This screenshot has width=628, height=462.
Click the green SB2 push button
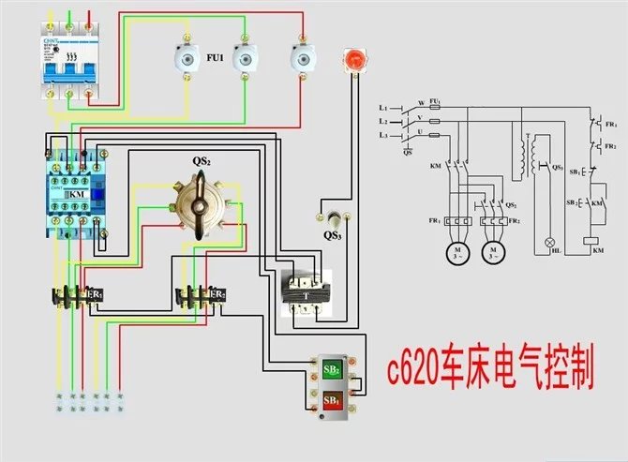pyautogui.click(x=332, y=367)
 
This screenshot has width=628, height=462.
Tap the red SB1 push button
pyautogui.click(x=332, y=400)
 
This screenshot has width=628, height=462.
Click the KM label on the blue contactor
pyautogui.click(x=76, y=193)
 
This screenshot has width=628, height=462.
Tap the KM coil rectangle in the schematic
pyautogui.click(x=592, y=240)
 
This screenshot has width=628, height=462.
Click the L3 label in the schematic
pyautogui.click(x=384, y=137)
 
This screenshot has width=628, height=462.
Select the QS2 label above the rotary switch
pyautogui.click(x=202, y=161)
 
